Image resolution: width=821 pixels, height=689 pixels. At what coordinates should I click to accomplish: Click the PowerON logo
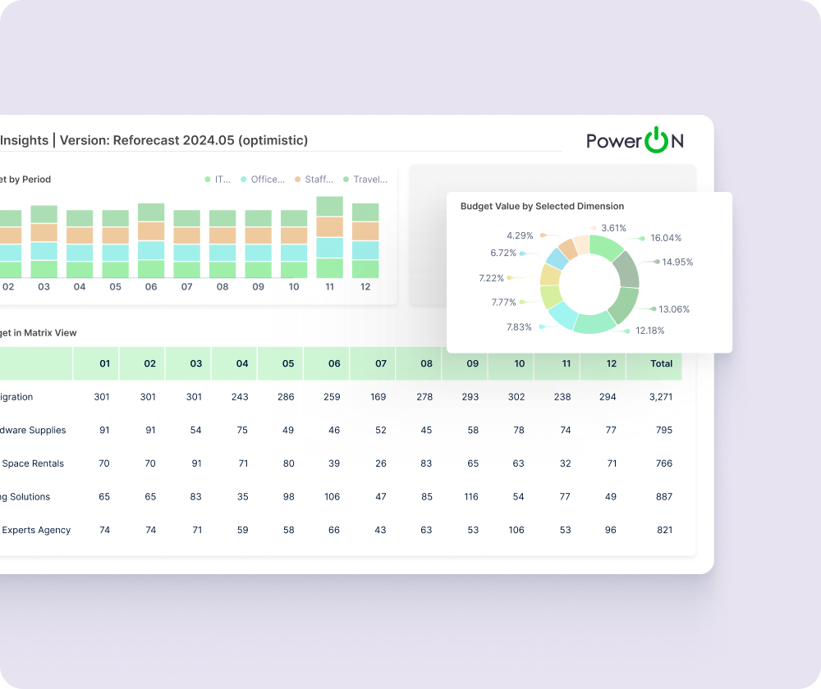click(635, 141)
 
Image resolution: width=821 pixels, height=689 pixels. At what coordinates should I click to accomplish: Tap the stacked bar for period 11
click(329, 237)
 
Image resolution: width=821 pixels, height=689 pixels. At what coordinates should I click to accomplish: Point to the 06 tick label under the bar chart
click(150, 287)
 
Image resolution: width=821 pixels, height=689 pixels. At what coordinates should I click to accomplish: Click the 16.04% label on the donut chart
click(666, 238)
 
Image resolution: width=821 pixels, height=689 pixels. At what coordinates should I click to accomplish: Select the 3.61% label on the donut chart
click(613, 228)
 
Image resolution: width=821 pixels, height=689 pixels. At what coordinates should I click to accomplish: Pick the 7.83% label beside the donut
click(519, 327)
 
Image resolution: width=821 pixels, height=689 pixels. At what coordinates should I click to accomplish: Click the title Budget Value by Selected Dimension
click(542, 207)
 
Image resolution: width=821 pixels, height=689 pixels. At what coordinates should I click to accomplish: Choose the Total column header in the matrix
click(660, 363)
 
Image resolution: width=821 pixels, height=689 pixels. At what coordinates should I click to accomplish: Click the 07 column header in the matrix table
click(380, 363)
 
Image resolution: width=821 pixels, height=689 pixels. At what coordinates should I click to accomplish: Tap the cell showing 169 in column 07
click(378, 397)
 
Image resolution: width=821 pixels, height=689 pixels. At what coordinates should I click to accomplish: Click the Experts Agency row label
click(36, 530)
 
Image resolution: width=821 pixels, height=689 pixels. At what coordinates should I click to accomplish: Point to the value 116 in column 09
click(470, 497)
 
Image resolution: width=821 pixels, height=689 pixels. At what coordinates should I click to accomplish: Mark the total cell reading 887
click(663, 497)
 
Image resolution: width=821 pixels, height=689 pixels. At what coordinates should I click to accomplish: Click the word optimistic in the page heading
click(273, 140)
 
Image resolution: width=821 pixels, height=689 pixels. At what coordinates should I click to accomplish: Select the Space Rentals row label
click(33, 463)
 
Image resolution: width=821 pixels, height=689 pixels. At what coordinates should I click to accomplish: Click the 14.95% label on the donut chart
click(677, 262)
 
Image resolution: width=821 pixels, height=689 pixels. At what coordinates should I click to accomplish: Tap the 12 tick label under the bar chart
click(365, 287)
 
